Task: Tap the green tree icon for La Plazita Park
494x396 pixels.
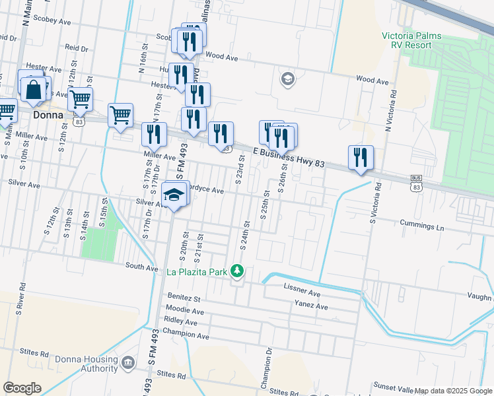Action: pos(237,271)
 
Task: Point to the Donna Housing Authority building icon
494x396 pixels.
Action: pos(127,363)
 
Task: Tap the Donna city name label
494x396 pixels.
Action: pos(48,115)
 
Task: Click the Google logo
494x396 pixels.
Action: pos(22,388)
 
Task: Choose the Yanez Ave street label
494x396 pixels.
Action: pos(310,306)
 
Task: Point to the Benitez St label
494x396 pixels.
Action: pos(184,298)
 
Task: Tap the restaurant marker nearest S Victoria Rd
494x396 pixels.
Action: pos(361,158)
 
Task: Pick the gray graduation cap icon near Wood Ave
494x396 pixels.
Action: pos(287,79)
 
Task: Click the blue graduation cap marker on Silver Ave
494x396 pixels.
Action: pos(174,195)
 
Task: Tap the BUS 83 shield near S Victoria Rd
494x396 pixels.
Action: pos(416,183)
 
